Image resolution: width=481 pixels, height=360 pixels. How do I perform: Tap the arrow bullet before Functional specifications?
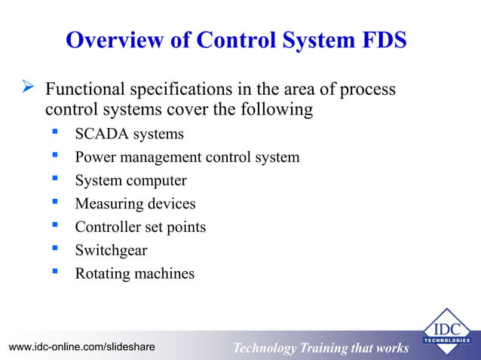(x=28, y=90)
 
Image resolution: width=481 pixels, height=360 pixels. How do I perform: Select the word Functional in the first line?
(x=84, y=90)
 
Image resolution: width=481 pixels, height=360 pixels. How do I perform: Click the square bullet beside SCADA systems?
(x=55, y=133)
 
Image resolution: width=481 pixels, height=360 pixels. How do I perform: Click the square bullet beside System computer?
(x=55, y=180)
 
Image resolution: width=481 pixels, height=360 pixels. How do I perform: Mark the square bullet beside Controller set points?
(x=55, y=226)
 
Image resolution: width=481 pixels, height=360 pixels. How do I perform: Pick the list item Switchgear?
(x=111, y=250)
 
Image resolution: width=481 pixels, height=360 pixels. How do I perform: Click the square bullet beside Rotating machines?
(x=55, y=272)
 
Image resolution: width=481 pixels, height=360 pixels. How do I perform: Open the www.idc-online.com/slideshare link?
(x=81, y=347)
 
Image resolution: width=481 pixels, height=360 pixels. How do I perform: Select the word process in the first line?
(x=364, y=90)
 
